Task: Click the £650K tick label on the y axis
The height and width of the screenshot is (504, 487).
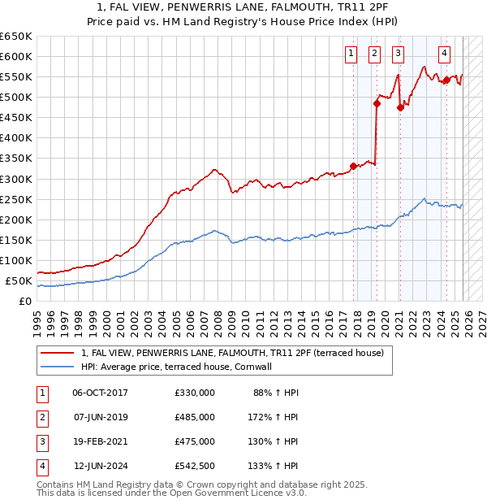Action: [16, 37]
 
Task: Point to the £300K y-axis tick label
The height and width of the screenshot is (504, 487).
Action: [16, 179]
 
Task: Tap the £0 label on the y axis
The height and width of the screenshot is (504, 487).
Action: [25, 302]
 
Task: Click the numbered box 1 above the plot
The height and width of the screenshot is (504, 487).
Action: [351, 54]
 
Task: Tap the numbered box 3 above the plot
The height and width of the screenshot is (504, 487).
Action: [399, 54]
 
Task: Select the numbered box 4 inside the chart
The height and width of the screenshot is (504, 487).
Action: [445, 54]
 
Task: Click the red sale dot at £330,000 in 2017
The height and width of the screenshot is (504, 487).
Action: [353, 167]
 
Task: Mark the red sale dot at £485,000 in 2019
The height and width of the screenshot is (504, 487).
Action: [377, 103]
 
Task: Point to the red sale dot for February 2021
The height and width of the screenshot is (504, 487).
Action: [400, 107]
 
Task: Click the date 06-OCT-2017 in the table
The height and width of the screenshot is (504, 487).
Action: [100, 393]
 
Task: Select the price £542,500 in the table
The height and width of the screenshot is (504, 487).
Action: [194, 466]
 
